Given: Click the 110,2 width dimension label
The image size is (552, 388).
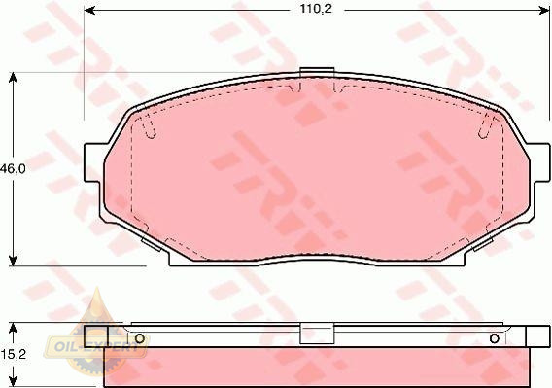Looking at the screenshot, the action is [x=316, y=9].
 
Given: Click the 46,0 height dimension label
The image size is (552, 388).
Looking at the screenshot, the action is [x=13, y=169].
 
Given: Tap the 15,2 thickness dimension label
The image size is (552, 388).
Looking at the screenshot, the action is [x=13, y=354].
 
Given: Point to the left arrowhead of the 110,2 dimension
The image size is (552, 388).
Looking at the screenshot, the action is [x=90, y=11].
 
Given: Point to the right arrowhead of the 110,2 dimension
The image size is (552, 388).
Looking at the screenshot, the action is [x=544, y=11].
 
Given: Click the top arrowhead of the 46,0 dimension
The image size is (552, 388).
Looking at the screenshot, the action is [x=13, y=78].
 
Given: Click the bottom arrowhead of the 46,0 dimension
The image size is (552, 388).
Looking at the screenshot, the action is [x=13, y=261].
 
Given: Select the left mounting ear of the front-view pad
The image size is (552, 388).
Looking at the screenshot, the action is [x=94, y=162].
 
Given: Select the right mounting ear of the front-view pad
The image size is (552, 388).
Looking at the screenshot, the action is [x=539, y=162].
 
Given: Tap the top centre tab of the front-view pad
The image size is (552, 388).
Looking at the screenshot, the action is [x=317, y=72].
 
